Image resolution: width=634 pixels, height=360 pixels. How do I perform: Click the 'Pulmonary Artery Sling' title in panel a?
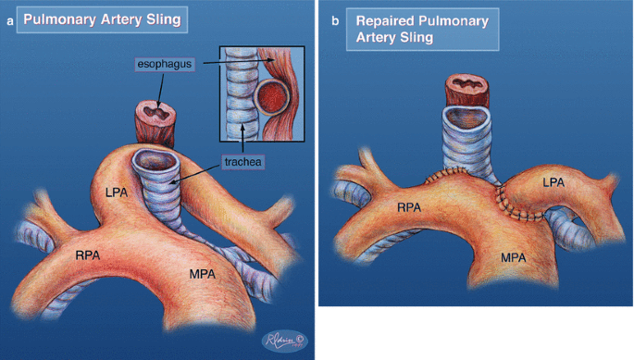tap(102, 19)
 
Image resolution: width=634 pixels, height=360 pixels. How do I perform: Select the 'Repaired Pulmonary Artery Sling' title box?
tap(423, 29)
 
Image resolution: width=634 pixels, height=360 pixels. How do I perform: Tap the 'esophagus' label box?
tap(165, 64)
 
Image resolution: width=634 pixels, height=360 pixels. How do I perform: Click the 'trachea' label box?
tap(242, 162)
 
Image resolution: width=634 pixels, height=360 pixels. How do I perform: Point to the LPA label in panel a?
tap(117, 192)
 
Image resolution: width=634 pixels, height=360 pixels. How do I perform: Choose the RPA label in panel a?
tap(88, 255)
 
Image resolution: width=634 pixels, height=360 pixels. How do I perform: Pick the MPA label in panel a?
tap(202, 274)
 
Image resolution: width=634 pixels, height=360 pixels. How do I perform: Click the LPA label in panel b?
tap(553, 182)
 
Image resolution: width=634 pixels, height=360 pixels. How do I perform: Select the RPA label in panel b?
tap(409, 208)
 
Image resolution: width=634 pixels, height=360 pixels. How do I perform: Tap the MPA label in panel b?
tap(513, 257)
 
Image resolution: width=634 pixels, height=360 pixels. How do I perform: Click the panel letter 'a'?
tap(9, 21)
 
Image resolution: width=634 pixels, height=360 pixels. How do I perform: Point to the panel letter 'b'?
tap(335, 20)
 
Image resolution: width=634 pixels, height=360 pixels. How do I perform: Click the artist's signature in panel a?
tap(285, 341)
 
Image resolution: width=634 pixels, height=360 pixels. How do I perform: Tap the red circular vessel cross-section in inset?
tap(272, 97)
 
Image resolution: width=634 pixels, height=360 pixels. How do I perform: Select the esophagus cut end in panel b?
tap(467, 85)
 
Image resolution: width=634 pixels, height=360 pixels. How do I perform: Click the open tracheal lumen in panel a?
tap(155, 161)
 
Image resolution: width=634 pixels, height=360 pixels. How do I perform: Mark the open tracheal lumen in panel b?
tap(466, 118)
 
